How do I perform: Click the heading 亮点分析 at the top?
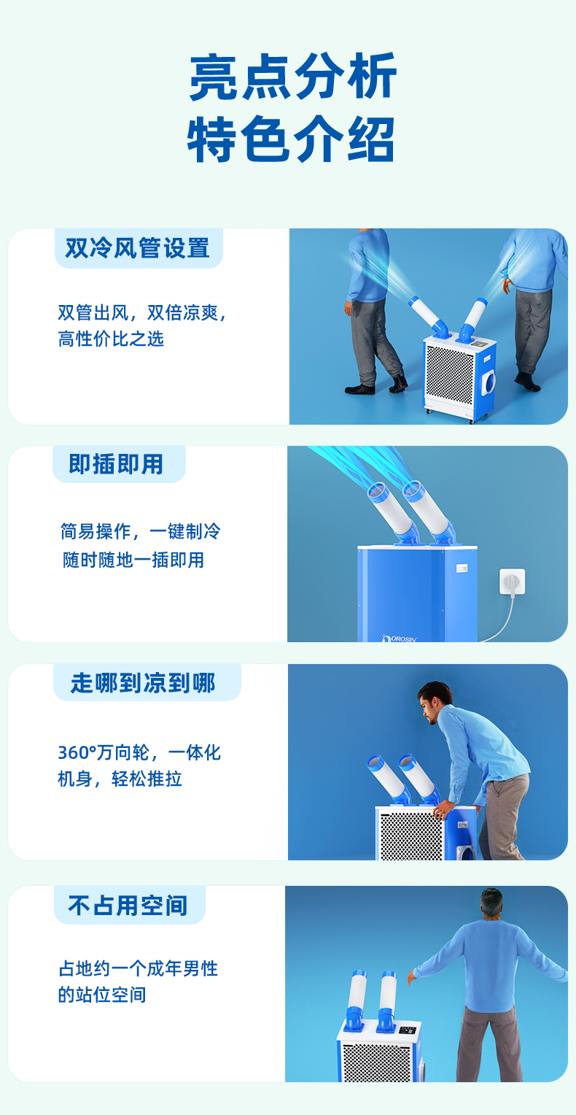tap(292, 77)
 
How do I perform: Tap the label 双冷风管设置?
tap(138, 248)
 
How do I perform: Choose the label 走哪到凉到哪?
tap(144, 683)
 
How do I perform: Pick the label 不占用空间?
tap(128, 906)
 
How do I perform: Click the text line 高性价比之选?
tap(111, 339)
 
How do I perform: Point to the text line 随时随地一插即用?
tap(133, 560)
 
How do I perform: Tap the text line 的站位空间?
tap(102, 995)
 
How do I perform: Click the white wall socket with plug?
tap(512, 582)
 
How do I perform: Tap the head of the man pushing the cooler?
tap(435, 701)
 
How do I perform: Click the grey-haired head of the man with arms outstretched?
tap(491, 905)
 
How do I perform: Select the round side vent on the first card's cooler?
tap(489, 380)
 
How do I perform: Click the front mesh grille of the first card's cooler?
tap(450, 376)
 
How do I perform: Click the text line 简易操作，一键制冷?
tap(140, 531)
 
